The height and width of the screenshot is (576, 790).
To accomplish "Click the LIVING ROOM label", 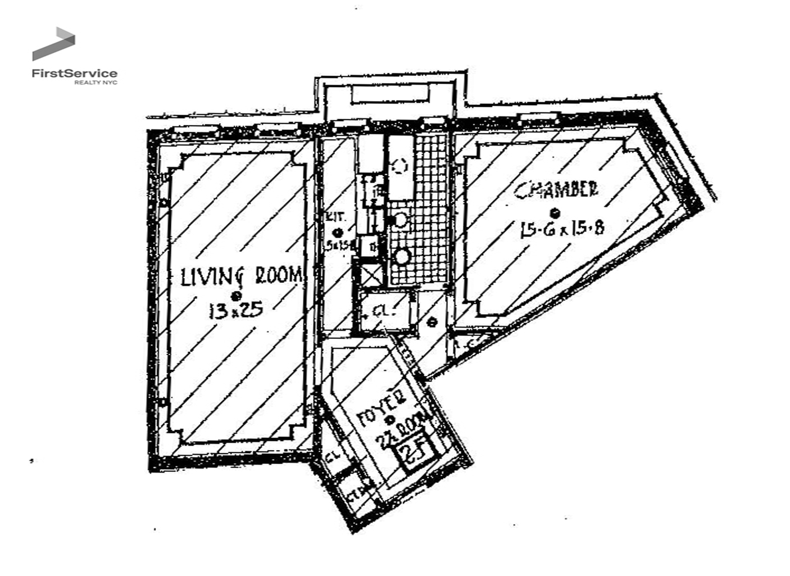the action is tap(242, 276).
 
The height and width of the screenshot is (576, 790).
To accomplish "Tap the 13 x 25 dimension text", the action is tap(236, 310).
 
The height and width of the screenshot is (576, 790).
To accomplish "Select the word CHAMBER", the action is tap(556, 191).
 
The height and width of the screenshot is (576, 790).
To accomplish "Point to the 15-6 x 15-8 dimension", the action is tap(562, 228).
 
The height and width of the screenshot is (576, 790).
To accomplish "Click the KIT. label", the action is tap(336, 217).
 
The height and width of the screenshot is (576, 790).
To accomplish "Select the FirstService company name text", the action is tap(75, 73).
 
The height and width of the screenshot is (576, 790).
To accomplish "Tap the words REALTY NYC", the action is tap(96, 83).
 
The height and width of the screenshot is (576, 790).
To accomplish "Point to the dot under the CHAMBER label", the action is tap(555, 212).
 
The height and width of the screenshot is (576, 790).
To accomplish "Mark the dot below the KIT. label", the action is tap(338, 232).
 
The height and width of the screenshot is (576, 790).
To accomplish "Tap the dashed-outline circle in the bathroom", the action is tap(399, 166).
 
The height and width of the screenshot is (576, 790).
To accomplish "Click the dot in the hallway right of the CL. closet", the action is tap(432, 322).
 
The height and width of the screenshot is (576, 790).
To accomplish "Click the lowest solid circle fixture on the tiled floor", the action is tap(402, 257).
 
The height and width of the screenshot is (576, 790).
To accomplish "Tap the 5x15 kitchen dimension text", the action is tap(338, 244).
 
